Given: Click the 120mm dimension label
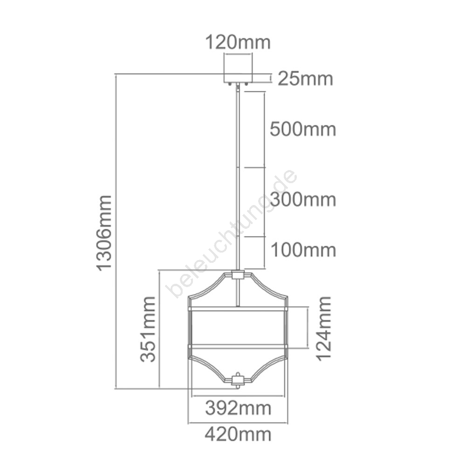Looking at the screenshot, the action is pyautogui.click(x=238, y=42).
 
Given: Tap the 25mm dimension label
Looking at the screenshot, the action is pyautogui.click(x=305, y=79).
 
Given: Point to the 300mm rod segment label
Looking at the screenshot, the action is pyautogui.click(x=303, y=199).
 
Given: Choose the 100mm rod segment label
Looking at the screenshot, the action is pyautogui.click(x=303, y=250).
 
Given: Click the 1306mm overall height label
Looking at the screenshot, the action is pyautogui.click(x=104, y=233).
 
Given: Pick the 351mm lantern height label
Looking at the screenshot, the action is pyautogui.click(x=148, y=329).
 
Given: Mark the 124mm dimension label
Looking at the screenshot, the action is pyautogui.click(x=324, y=329).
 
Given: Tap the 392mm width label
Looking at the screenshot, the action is pyautogui.click(x=238, y=408).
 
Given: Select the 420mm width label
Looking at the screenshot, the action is pyautogui.click(x=238, y=434).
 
